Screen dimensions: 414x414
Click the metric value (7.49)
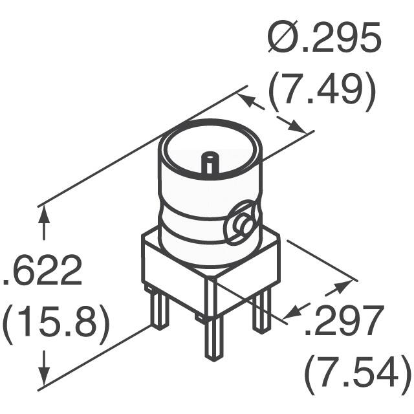(x=322, y=93)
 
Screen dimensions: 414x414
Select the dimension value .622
(x=44, y=273)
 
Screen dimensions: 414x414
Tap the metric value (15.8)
(x=56, y=321)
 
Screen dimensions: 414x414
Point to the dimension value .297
(x=342, y=322)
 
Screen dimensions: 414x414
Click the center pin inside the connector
(x=210, y=162)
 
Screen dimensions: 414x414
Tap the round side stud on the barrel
(x=244, y=226)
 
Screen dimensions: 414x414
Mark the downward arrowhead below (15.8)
(x=44, y=375)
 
